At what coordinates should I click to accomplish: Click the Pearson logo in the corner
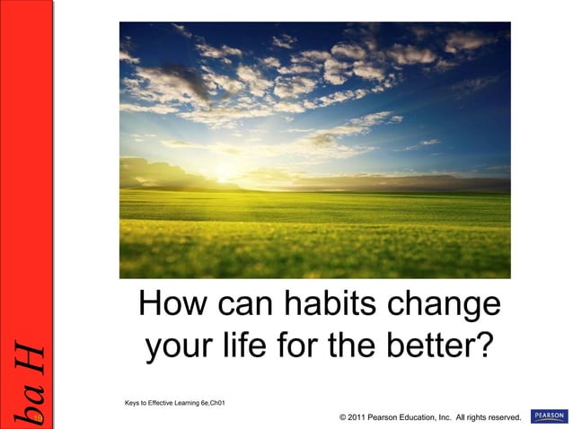click(x=549, y=416)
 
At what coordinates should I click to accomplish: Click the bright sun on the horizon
click(x=224, y=177)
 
